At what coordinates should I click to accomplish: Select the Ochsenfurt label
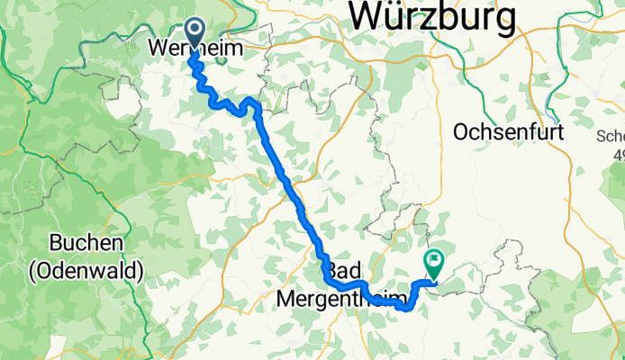pos(509,131)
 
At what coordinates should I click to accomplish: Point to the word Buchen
pos(86,244)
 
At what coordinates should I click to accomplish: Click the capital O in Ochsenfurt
pos(462,131)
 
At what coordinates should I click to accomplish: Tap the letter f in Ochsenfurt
pos(531,131)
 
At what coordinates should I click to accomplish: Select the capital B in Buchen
pos(57,244)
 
